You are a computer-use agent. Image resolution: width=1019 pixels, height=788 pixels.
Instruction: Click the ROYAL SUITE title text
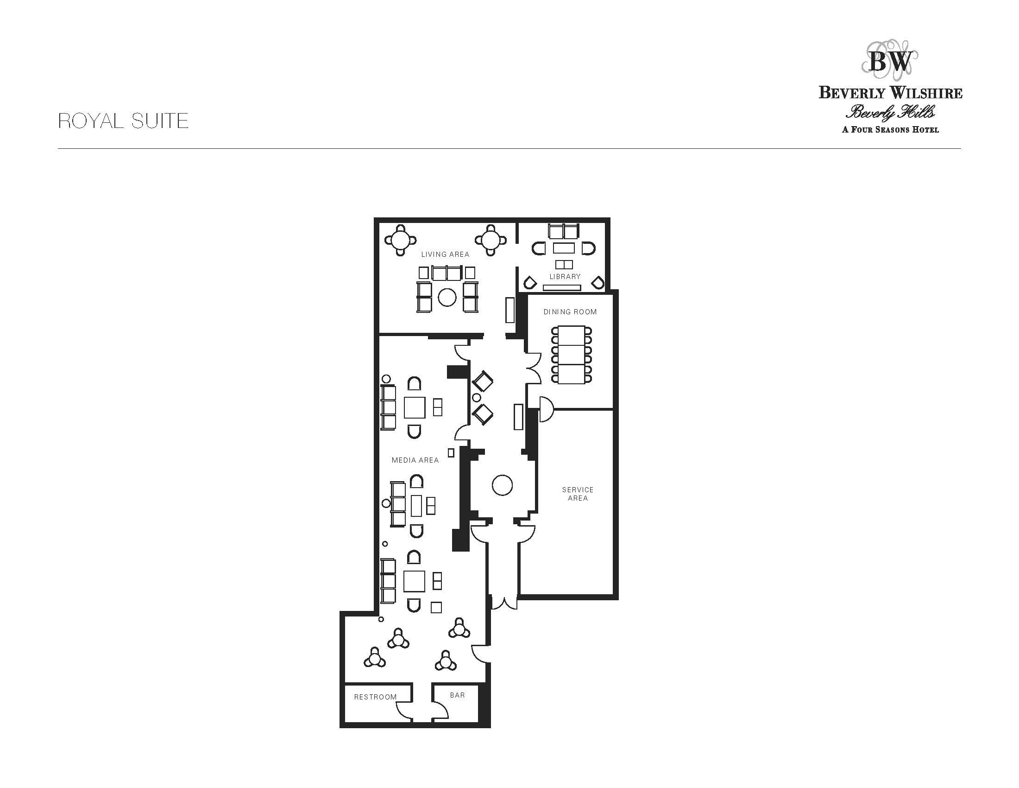123,121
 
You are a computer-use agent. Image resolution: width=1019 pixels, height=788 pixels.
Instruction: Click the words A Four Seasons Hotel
890,129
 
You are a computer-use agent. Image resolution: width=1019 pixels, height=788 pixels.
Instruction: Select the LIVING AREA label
445,254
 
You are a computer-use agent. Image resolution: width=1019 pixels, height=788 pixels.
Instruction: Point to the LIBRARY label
565,276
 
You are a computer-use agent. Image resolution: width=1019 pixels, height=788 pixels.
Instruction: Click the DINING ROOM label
570,312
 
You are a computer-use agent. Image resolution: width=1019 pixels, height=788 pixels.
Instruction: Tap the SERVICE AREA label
578,494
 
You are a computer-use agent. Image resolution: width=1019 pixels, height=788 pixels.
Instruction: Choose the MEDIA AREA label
415,460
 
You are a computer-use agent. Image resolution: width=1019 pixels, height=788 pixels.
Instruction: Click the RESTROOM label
376,697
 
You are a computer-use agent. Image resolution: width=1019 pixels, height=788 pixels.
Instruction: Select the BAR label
458,695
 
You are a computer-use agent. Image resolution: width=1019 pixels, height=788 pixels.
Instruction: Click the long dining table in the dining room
571,355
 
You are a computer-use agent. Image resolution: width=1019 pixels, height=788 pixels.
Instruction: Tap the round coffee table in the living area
447,298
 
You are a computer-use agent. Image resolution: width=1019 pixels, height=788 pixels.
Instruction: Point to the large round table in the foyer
502,485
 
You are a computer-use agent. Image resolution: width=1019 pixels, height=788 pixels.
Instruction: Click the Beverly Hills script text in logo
890,112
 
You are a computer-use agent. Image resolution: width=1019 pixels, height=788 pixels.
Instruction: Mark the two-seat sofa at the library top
563,232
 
